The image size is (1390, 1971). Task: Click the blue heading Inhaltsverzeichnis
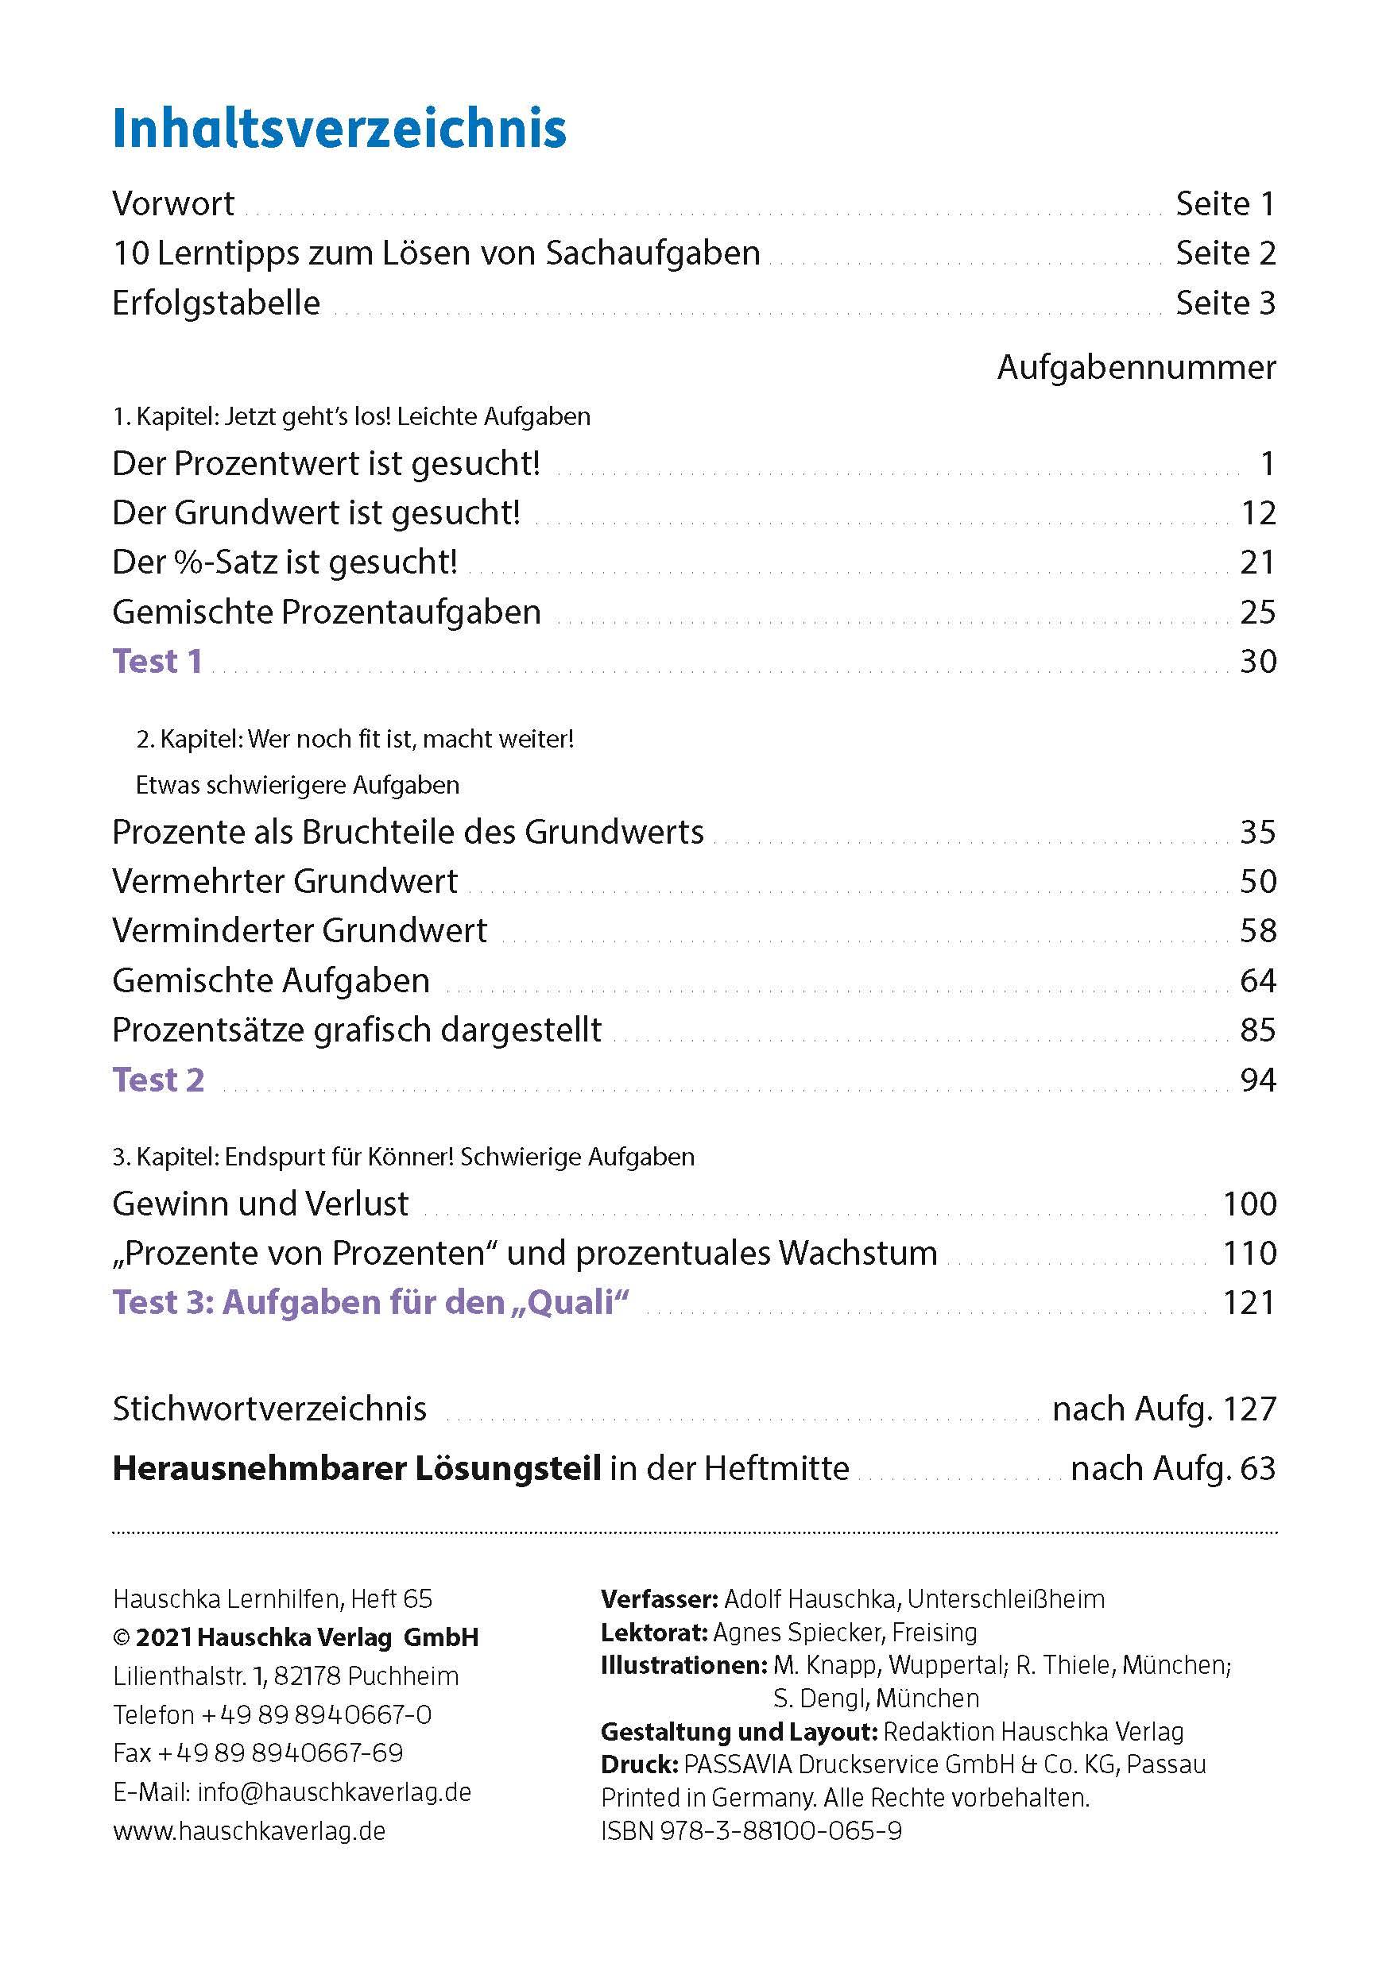[339, 129]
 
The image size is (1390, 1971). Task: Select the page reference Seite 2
[1225, 253]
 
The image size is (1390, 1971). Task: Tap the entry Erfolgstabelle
[215, 303]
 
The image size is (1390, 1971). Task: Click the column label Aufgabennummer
[1136, 367]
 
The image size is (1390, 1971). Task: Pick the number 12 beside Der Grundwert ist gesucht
[1258, 513]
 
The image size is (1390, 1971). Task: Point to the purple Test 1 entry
[157, 661]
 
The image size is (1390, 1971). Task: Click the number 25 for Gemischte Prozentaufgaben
[1258, 612]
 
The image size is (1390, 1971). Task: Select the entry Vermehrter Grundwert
[285, 882]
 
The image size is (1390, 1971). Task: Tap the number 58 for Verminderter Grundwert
[1258, 930]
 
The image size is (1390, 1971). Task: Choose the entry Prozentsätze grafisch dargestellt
[356, 1030]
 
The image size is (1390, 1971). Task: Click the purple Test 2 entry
[158, 1080]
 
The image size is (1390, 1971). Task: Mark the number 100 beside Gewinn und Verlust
[1249, 1204]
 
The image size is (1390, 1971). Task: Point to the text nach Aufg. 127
[1164, 1409]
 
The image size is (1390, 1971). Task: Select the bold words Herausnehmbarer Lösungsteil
[356, 1469]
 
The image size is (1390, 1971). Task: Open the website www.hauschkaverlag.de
[249, 1831]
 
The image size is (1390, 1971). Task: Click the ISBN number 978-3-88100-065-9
[780, 1831]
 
